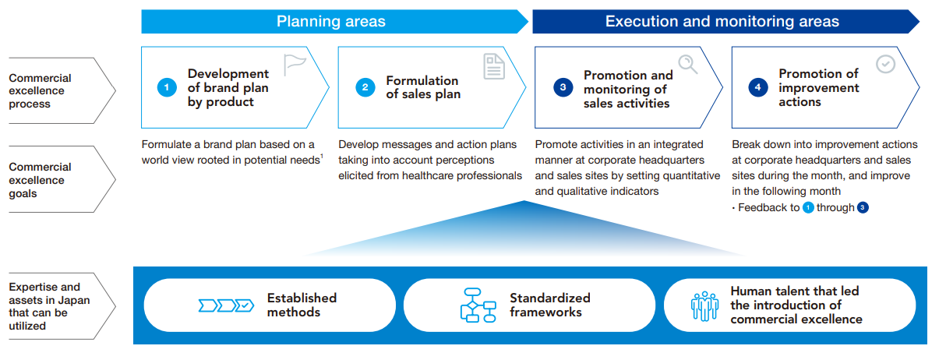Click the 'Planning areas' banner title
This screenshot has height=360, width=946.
[330, 21]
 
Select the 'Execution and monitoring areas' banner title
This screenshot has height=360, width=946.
[722, 21]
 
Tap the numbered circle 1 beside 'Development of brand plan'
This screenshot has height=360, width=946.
[167, 87]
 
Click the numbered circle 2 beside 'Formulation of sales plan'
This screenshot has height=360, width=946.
[365, 87]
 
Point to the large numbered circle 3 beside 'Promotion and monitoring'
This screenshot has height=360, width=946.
[563, 87]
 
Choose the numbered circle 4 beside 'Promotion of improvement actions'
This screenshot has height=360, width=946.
[758, 87]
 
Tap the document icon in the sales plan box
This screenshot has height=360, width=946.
[494, 66]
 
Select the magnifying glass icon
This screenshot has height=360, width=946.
[687, 64]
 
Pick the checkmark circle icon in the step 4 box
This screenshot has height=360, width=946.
[885, 64]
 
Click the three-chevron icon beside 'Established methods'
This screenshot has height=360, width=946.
[226, 305]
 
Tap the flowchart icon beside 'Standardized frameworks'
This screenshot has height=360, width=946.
[478, 305]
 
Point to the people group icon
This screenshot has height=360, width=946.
[704, 306]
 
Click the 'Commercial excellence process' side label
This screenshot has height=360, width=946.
[40, 91]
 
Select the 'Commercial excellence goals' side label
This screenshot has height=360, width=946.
[40, 180]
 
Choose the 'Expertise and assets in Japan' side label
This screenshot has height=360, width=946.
[49, 306]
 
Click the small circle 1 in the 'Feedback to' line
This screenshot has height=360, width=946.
[808, 207]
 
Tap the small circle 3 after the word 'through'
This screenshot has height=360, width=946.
[863, 207]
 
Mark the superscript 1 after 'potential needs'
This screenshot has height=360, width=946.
[322, 156]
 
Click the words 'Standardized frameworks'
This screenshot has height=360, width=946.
[550, 305]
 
